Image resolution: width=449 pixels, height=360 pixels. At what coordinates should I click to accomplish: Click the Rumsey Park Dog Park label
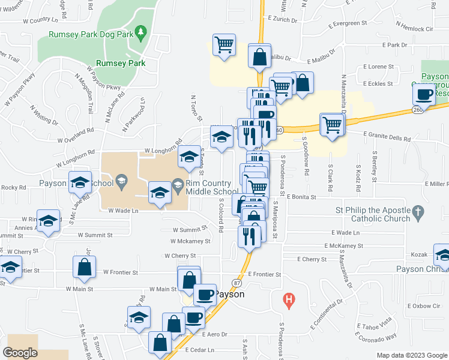pos(91,35)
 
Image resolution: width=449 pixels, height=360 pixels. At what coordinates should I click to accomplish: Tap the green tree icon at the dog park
pos(141,31)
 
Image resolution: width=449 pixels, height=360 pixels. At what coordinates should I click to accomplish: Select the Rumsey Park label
pos(120,62)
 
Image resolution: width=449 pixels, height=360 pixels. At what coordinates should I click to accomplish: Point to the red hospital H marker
pos(289,298)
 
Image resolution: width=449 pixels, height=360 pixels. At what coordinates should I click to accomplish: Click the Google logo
pos(20,353)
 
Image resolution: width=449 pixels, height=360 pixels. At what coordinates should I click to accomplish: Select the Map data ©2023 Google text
pos(411,355)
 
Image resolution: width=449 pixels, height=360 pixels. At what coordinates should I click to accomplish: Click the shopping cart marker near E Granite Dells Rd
pos(332,125)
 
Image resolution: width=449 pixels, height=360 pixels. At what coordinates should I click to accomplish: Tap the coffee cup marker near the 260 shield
pos(424,94)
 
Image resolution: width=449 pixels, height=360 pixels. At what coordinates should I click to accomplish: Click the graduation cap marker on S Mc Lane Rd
pos(80,183)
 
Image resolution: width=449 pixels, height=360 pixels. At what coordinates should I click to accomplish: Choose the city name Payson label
pos(229,295)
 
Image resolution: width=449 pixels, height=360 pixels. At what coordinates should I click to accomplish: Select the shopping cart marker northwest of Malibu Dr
pos(224,46)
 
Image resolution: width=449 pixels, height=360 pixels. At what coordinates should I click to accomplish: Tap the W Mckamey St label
pos(190,241)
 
